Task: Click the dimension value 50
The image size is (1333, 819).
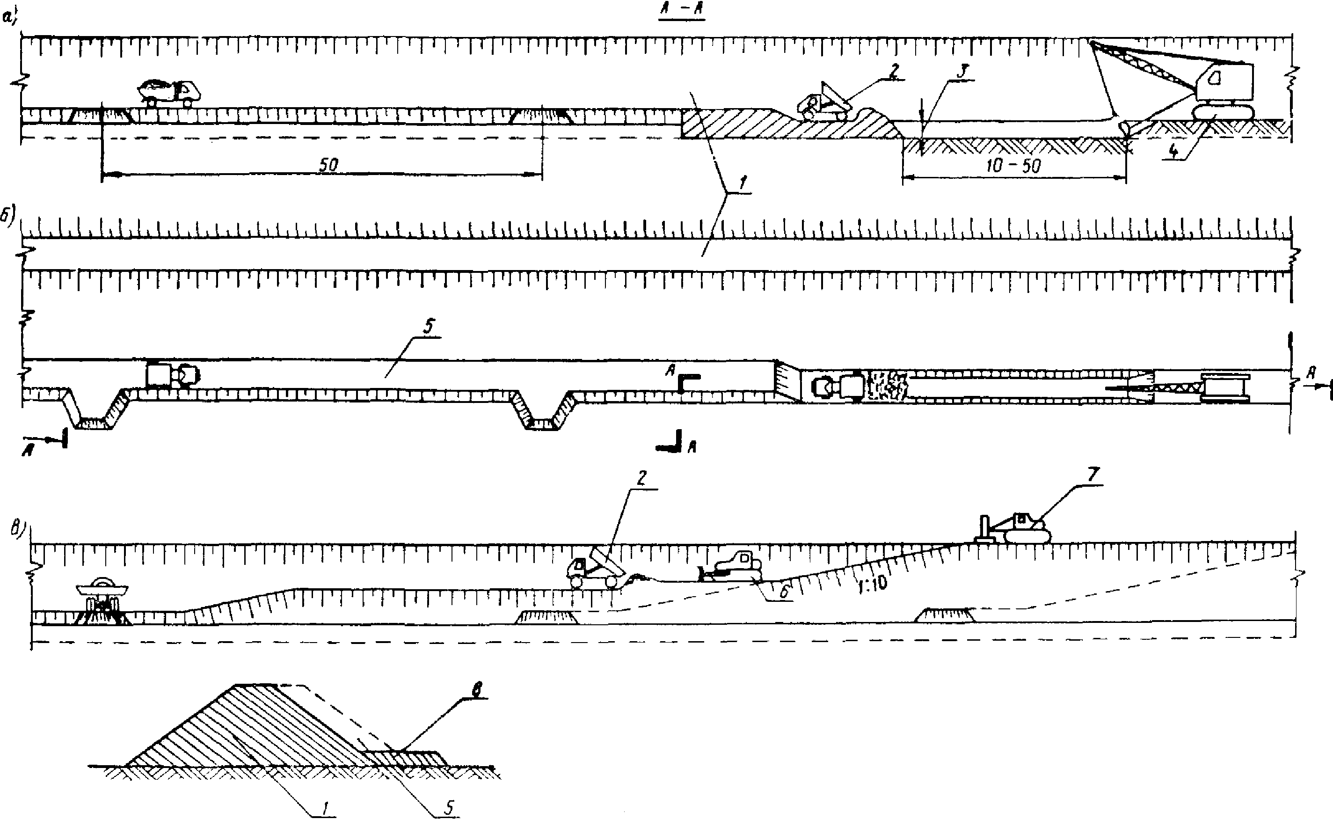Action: [328, 165]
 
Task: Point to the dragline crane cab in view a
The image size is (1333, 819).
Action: [1225, 83]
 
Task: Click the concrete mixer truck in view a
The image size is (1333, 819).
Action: [169, 92]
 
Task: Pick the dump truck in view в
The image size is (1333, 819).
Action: [593, 568]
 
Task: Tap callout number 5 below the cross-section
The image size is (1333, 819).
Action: [449, 808]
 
